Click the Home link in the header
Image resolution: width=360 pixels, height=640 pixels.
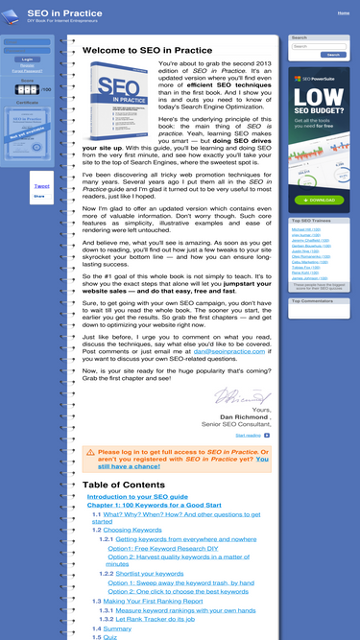coord(344,13)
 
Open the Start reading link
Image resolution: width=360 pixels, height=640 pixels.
coord(249,435)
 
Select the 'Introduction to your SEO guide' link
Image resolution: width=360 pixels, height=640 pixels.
coord(137,496)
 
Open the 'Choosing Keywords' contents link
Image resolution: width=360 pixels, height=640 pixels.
coord(132,529)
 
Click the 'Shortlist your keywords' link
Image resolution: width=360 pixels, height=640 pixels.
coord(151,573)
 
